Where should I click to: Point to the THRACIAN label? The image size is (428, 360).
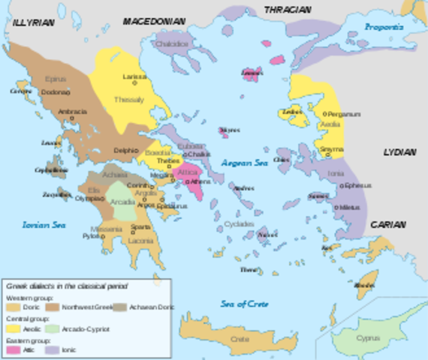286,10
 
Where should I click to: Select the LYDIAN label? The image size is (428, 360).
399,151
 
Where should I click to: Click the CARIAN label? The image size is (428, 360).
387,224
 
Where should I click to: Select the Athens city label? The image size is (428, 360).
200,181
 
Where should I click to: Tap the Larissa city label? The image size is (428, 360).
135,76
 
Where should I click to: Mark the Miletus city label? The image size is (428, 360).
350,206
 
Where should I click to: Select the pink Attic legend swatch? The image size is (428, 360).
14,349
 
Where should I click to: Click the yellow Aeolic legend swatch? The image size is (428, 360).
14,328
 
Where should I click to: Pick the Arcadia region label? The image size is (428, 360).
122,202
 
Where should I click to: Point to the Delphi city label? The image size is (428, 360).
125,150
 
